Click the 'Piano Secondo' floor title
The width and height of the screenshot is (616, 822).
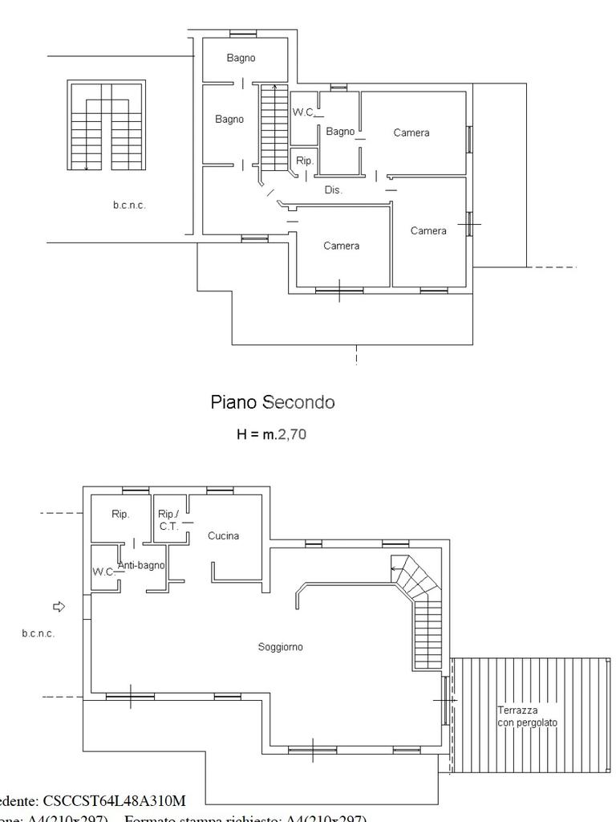[273, 402]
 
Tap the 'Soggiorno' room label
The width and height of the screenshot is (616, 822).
[281, 647]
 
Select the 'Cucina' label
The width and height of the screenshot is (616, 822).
[224, 536]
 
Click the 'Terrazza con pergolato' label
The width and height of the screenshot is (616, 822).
[527, 716]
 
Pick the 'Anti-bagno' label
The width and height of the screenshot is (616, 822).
[141, 565]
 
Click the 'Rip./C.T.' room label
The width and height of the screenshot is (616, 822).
[168, 519]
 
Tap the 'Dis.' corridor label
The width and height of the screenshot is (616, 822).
[334, 190]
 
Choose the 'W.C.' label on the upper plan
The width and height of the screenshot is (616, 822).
[303, 113]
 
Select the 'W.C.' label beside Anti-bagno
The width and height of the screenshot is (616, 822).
[103, 572]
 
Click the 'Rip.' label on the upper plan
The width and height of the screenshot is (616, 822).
[305, 160]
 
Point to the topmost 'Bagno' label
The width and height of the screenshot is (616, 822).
[241, 58]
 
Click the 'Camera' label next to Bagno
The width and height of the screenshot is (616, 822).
[411, 132]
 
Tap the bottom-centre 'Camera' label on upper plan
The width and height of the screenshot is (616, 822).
[342, 246]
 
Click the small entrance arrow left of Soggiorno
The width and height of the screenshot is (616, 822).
[58, 605]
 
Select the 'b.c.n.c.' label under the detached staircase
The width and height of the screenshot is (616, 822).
[129, 205]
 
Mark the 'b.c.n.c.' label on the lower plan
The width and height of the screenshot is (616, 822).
[38, 633]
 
